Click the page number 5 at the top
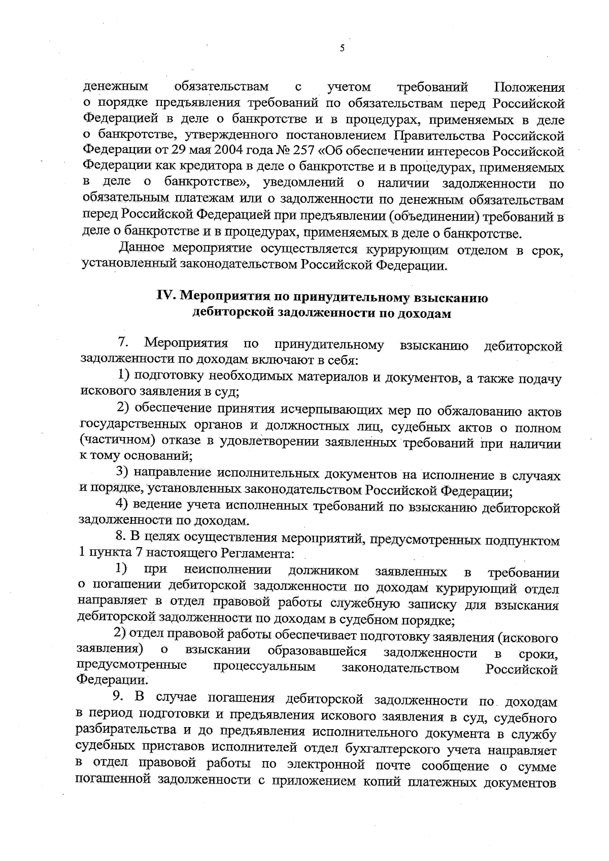[342, 48]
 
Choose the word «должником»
[324, 571]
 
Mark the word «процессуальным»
[264, 667]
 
